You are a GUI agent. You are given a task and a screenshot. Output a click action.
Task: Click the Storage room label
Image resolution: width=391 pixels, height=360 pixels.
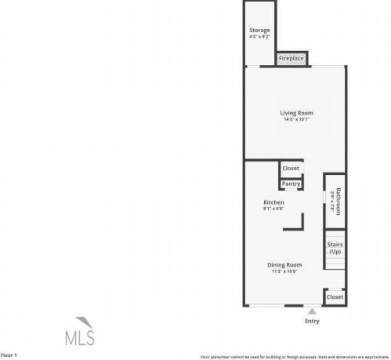point(259,30)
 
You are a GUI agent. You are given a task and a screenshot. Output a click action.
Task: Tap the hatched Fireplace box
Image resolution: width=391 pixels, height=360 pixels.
point(291,59)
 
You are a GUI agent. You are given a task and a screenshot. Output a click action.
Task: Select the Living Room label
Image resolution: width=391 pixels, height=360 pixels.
point(296,113)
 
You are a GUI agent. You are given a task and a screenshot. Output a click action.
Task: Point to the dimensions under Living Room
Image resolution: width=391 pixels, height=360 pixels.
point(296,120)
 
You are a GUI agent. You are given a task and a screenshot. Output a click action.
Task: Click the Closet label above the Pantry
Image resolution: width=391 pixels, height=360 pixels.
point(291,168)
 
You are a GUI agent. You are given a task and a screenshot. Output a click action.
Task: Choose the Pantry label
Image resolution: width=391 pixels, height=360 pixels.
point(291,184)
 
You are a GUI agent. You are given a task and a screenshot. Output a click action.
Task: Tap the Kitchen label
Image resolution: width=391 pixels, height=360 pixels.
point(273,202)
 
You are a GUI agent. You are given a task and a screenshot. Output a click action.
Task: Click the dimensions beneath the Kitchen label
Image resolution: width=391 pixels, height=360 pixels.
point(273,209)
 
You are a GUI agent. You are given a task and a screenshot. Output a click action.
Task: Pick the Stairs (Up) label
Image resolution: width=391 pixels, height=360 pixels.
point(335,248)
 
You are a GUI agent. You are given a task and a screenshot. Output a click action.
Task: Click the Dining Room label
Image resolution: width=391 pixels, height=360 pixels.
point(286,265)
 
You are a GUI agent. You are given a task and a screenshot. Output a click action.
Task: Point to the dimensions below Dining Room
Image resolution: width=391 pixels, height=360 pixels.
point(286,272)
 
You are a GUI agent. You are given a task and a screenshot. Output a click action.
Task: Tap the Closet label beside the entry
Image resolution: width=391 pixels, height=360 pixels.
point(335,297)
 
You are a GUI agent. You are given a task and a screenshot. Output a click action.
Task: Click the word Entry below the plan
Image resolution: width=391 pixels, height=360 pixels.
point(311,321)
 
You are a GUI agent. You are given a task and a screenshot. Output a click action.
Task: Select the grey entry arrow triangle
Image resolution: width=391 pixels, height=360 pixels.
point(311,311)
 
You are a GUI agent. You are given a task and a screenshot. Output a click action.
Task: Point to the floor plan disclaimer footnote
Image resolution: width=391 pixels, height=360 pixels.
point(294,356)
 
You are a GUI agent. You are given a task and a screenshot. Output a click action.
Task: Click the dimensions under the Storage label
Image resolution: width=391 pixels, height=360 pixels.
point(259,37)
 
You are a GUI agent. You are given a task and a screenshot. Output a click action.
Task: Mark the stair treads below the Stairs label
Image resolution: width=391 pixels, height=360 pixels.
point(335,264)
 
